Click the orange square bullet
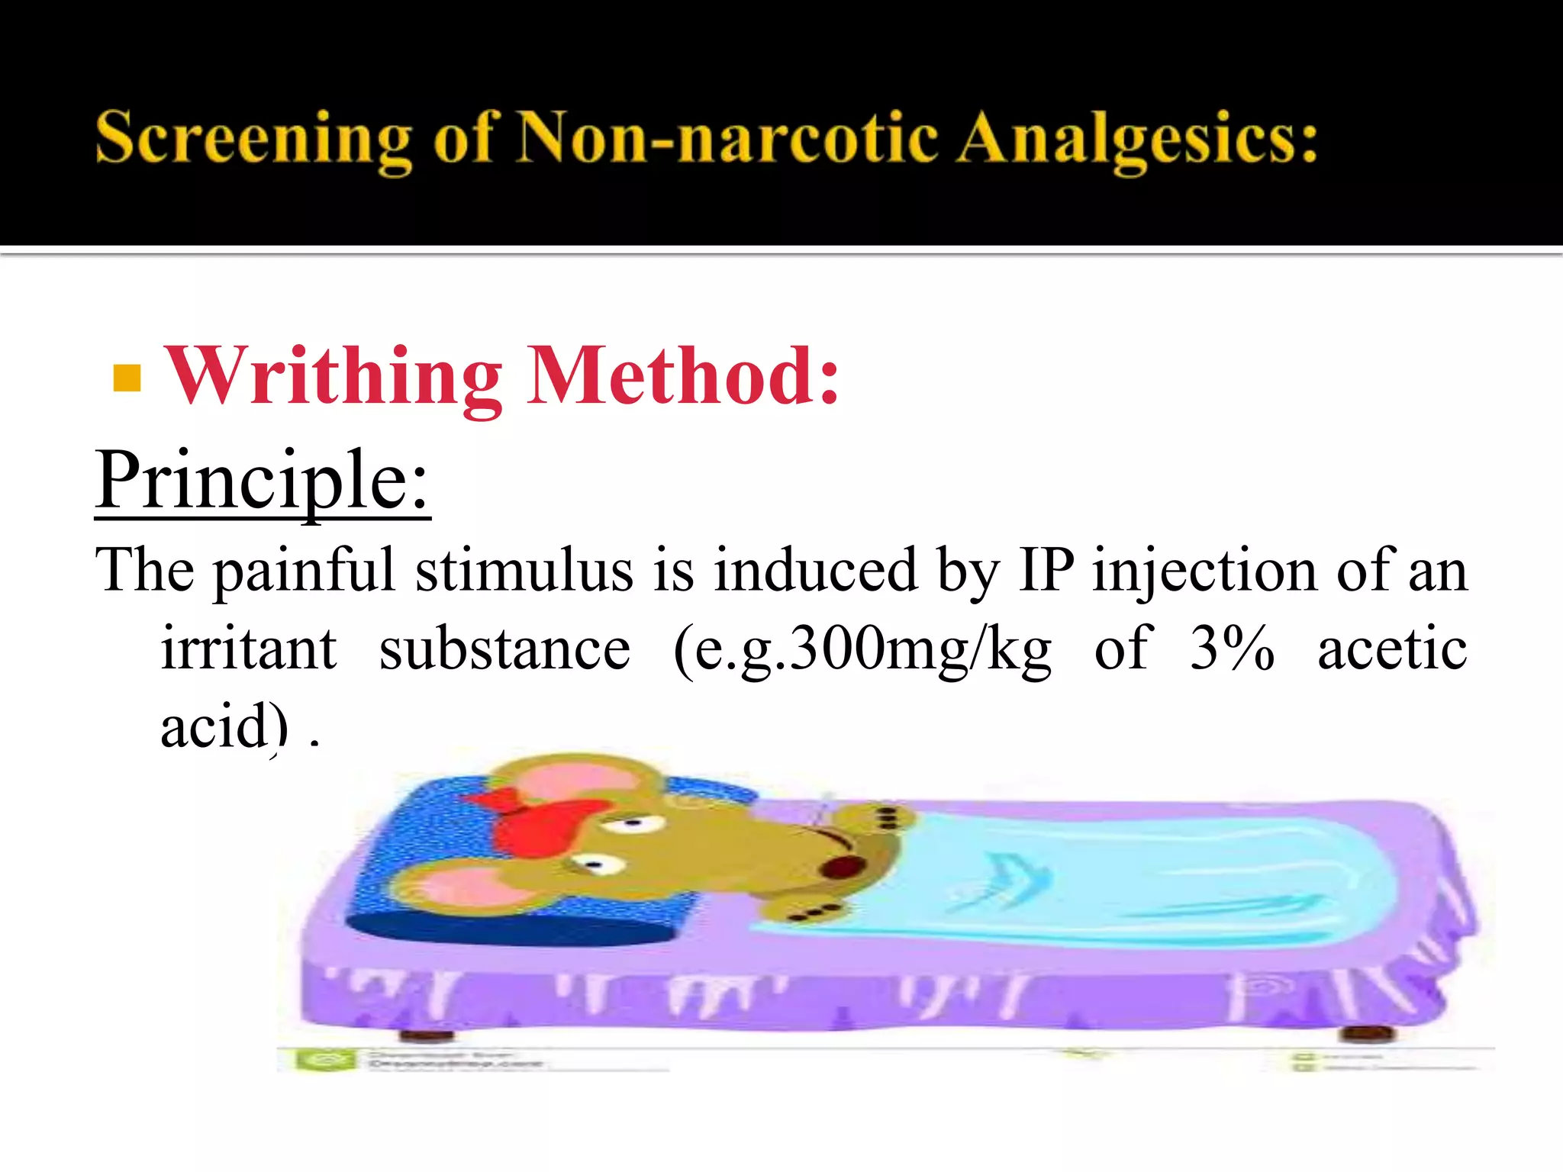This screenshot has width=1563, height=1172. pyautogui.click(x=127, y=378)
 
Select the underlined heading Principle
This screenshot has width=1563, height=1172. pyautogui.click(x=263, y=481)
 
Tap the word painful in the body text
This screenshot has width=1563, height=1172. pyautogui.click(x=304, y=571)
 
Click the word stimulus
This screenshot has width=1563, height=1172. pyautogui.click(x=524, y=571)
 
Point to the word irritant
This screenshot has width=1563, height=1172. pyautogui.click(x=249, y=649)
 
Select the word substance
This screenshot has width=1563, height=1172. pyautogui.click(x=504, y=649)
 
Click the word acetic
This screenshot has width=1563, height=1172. pyautogui.click(x=1392, y=649)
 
